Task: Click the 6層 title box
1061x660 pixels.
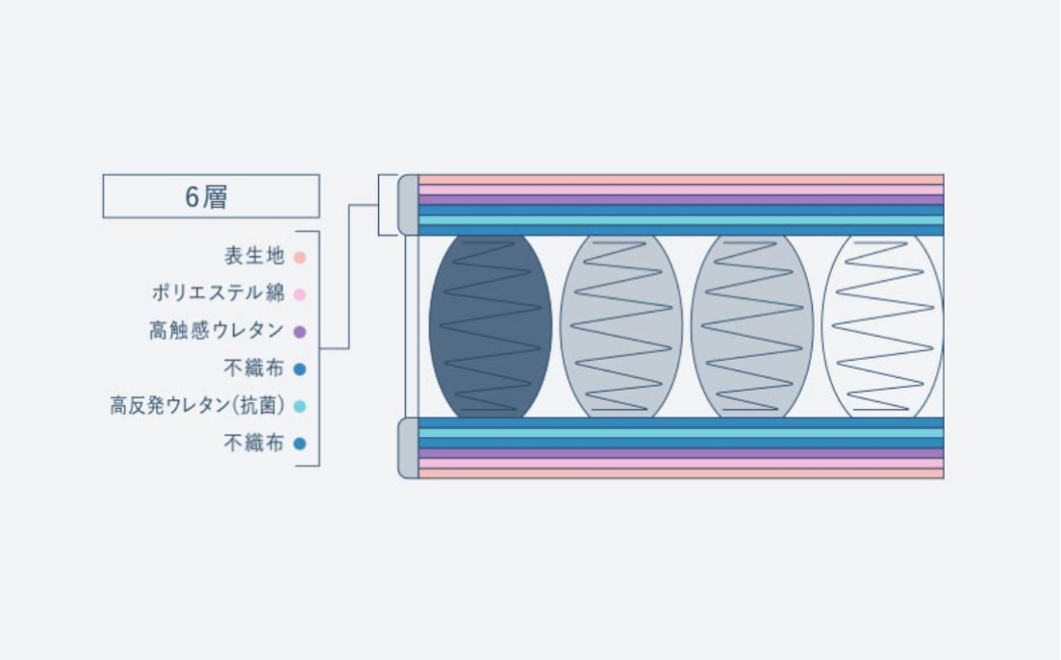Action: point(211,196)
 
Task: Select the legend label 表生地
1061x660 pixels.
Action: point(254,257)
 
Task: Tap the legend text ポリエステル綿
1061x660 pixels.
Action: point(217,293)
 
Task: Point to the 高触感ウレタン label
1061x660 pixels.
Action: point(216,331)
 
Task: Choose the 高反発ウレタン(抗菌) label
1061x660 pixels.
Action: point(198,406)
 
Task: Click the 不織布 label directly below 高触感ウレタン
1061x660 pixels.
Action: point(254,368)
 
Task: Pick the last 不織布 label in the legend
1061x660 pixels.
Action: point(254,444)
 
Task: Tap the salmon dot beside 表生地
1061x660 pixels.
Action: point(299,258)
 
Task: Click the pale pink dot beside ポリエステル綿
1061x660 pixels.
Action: point(299,294)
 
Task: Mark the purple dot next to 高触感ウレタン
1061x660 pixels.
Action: point(299,332)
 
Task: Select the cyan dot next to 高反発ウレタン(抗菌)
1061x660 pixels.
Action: point(299,407)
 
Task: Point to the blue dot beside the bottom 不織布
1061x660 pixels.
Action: point(299,444)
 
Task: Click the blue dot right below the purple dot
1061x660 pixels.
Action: point(299,369)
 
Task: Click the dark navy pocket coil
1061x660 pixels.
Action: point(491,326)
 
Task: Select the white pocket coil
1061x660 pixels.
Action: point(883,326)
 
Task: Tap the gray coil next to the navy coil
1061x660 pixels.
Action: point(621,326)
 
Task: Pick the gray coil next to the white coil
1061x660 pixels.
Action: point(752,326)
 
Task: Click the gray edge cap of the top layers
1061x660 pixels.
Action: point(409,204)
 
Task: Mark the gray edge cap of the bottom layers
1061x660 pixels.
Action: point(409,448)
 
